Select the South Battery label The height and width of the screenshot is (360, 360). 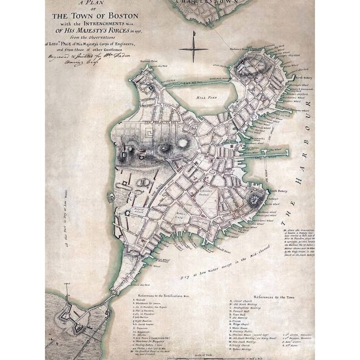pos(278,191)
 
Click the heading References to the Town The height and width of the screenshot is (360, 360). pos(274,297)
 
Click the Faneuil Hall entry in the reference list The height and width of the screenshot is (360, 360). pos(244,311)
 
